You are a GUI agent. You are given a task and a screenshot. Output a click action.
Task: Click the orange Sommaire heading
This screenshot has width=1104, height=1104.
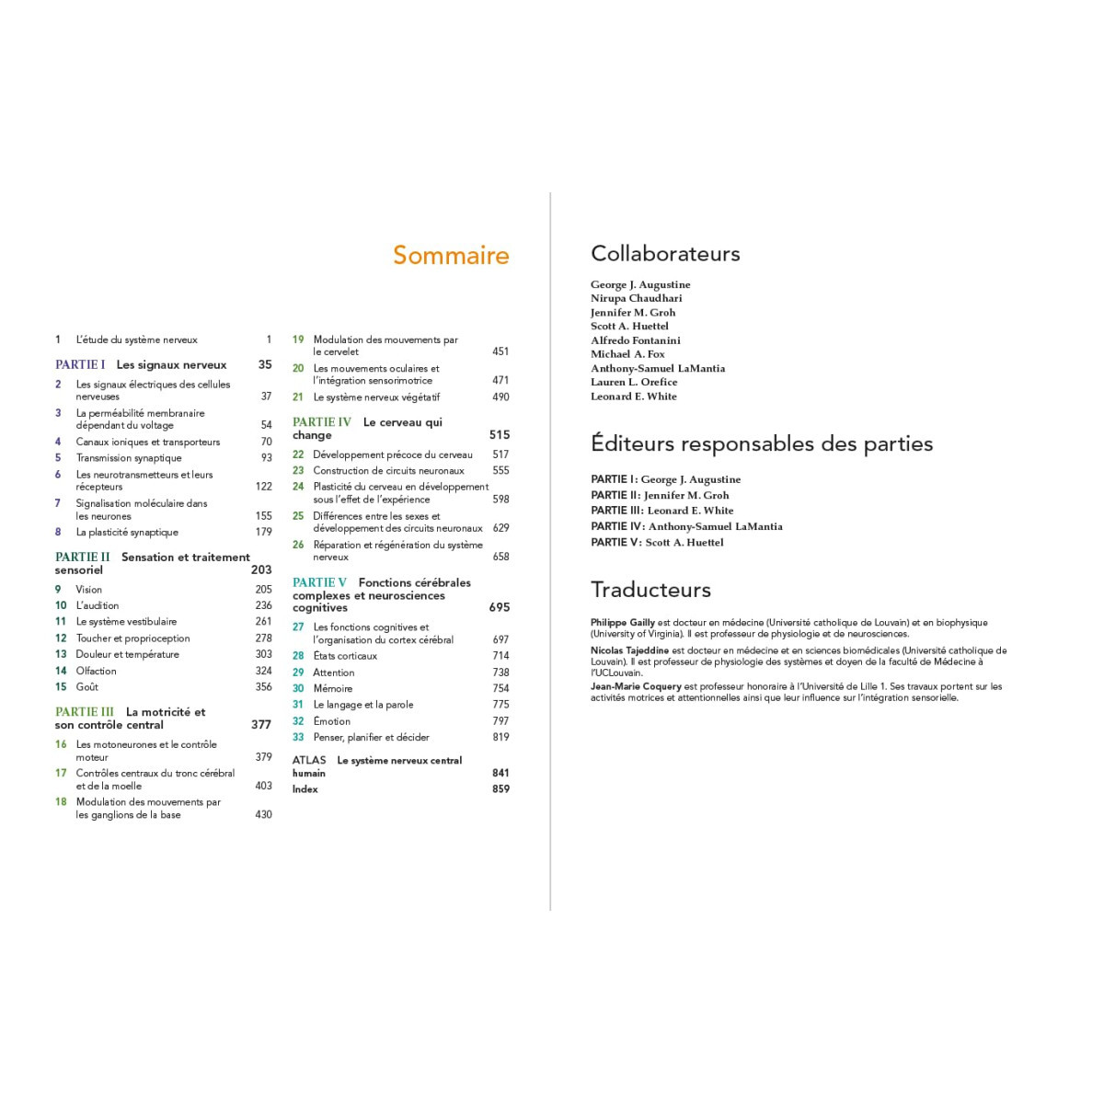[451, 255]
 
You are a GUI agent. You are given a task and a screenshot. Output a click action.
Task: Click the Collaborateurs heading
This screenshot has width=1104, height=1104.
[665, 254]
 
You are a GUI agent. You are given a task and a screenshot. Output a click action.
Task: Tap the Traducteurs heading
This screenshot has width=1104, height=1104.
[650, 590]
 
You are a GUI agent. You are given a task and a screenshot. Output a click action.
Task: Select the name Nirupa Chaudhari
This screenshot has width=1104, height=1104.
[637, 298]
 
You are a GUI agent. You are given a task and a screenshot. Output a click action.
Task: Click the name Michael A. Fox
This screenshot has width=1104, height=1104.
[627, 354]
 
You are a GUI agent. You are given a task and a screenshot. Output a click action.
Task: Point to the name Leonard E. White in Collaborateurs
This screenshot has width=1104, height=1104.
[634, 397]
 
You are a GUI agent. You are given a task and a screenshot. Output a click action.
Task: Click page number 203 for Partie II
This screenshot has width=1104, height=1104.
[261, 570]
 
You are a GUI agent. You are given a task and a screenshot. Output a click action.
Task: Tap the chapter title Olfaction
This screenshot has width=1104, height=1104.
[97, 671]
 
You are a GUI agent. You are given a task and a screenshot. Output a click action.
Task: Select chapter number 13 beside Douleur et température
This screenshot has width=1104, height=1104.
[61, 654]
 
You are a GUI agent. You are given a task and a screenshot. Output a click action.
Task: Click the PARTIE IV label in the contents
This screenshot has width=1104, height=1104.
[322, 422]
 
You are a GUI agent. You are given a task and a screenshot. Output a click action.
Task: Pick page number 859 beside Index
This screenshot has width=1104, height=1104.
[500, 788]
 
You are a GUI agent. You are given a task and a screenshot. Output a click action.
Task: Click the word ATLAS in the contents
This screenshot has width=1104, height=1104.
[309, 760]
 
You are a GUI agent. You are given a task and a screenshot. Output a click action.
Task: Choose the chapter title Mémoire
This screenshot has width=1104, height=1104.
[333, 688]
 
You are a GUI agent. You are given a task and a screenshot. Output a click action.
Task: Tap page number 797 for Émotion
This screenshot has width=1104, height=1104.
[500, 721]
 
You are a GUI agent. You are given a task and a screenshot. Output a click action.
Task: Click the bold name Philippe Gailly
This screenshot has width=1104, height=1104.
[623, 623]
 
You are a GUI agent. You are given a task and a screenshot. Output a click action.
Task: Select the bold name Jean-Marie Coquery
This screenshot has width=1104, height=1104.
[636, 686]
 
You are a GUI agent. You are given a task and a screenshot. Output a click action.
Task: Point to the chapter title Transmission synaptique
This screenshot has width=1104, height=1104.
[129, 458]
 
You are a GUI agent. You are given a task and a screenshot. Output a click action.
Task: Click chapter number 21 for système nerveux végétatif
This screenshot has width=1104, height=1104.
[298, 397]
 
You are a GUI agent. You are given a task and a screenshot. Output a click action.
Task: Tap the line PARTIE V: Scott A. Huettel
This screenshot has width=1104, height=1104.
[657, 543]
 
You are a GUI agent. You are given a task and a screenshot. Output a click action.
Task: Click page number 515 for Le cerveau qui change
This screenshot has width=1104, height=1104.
[500, 435]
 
